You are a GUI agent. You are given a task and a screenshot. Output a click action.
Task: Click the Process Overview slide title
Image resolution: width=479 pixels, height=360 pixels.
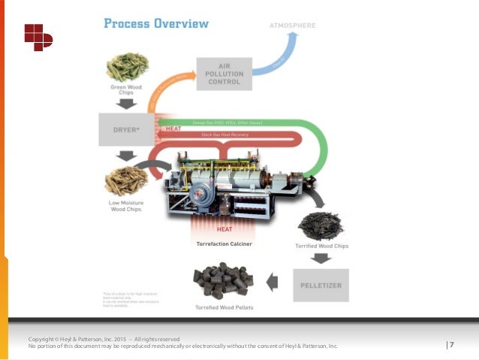click(x=155, y=23)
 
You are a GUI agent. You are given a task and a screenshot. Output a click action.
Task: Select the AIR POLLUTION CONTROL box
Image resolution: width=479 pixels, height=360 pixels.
click(x=224, y=74)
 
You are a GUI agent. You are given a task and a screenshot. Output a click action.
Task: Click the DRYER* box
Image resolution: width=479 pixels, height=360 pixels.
click(x=120, y=129)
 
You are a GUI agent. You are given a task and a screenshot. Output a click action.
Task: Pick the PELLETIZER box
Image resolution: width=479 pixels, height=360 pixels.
click(x=322, y=284)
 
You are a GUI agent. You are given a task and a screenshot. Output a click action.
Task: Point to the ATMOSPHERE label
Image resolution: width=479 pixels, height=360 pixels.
click(x=292, y=26)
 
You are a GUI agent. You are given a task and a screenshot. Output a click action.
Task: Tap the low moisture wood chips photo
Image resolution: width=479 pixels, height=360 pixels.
click(x=125, y=180)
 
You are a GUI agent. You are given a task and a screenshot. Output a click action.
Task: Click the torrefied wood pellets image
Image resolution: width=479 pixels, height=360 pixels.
click(x=223, y=282)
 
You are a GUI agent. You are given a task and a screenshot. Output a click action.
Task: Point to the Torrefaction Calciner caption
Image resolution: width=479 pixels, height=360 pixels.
click(x=223, y=244)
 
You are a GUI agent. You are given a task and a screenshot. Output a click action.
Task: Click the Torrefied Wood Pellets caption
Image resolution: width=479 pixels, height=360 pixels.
click(x=223, y=307)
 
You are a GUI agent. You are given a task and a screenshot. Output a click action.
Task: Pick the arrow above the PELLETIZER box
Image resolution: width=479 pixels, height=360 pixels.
click(x=321, y=258)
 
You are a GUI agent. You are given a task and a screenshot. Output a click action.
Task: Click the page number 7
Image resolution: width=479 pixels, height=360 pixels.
click(x=452, y=344)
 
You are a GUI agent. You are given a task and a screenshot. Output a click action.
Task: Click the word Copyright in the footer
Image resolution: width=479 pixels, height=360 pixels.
click(x=44, y=339)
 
